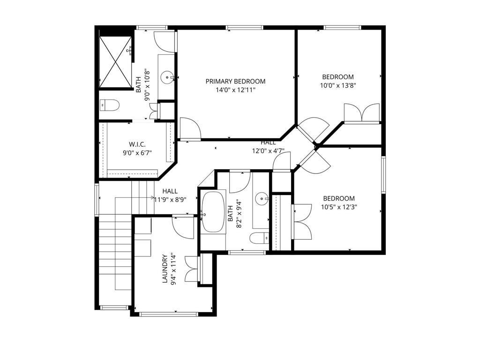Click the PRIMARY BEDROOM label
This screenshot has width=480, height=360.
235,82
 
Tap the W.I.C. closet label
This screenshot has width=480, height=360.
137,144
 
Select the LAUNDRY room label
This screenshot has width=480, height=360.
165,269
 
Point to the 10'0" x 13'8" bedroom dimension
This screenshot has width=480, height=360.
338,85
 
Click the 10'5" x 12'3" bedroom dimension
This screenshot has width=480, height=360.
339,207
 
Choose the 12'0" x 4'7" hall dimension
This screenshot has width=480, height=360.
269,150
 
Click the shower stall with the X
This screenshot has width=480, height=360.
115,62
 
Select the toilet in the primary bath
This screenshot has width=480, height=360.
110,105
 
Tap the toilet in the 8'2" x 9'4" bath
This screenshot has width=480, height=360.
259,238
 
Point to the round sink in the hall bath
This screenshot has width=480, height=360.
262,198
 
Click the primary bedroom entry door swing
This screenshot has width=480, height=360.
190,128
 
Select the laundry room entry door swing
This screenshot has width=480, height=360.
183,228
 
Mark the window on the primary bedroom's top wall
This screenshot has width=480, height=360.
245,28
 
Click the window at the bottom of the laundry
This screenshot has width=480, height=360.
168,314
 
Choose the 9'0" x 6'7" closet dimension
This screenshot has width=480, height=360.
137,153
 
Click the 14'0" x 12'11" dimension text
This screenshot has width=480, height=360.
235,90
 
